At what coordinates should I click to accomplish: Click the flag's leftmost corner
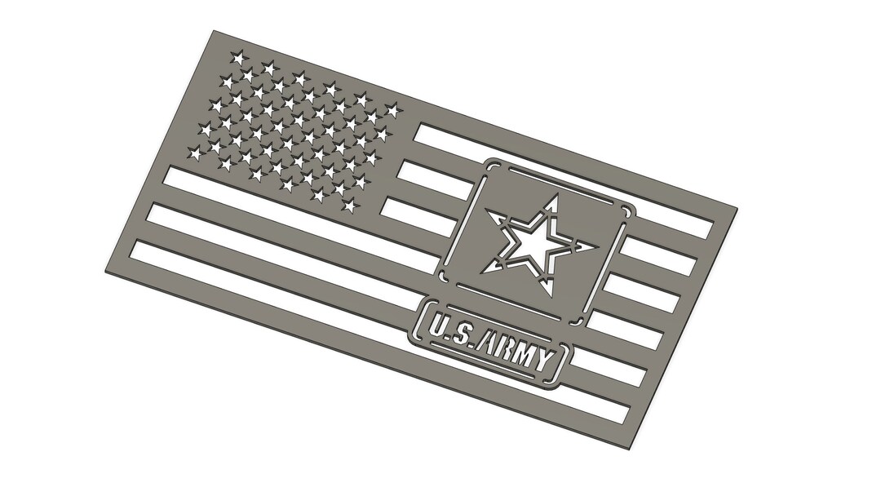[106, 272]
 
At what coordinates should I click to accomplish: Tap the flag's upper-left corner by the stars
[214, 31]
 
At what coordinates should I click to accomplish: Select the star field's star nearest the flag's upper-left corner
[237, 58]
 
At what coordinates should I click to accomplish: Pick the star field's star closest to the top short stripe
[392, 109]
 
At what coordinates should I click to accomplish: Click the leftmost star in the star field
[195, 152]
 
